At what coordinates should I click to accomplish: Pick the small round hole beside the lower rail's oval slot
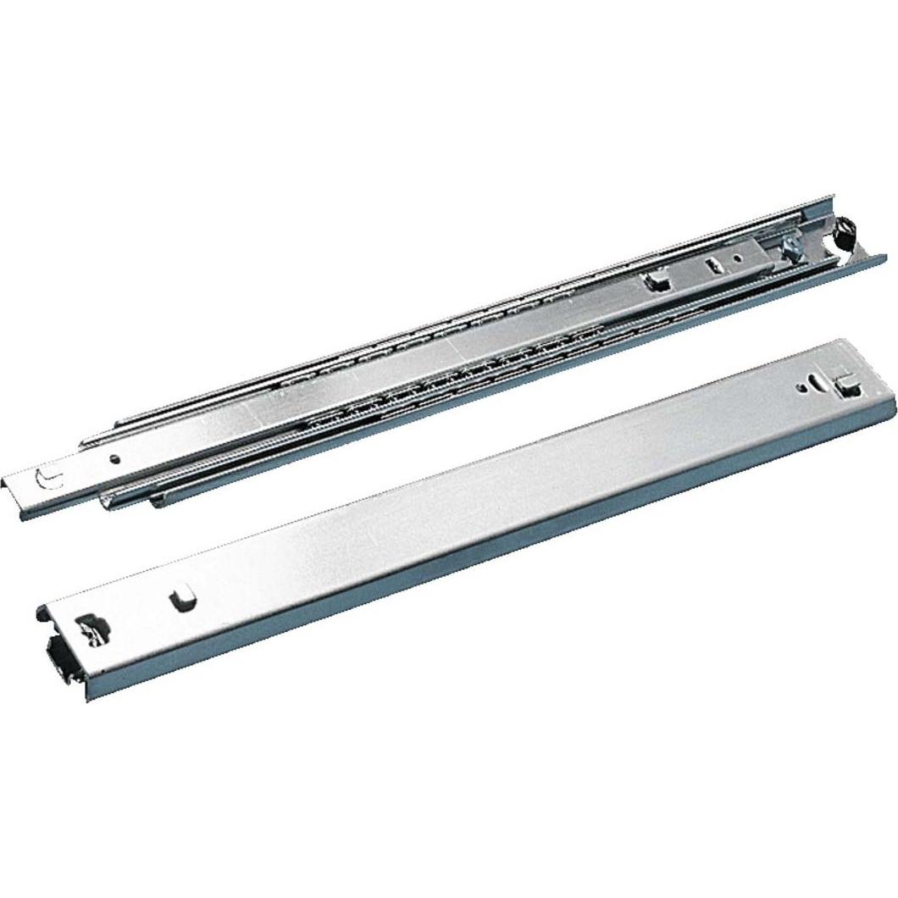tap(801, 389)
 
